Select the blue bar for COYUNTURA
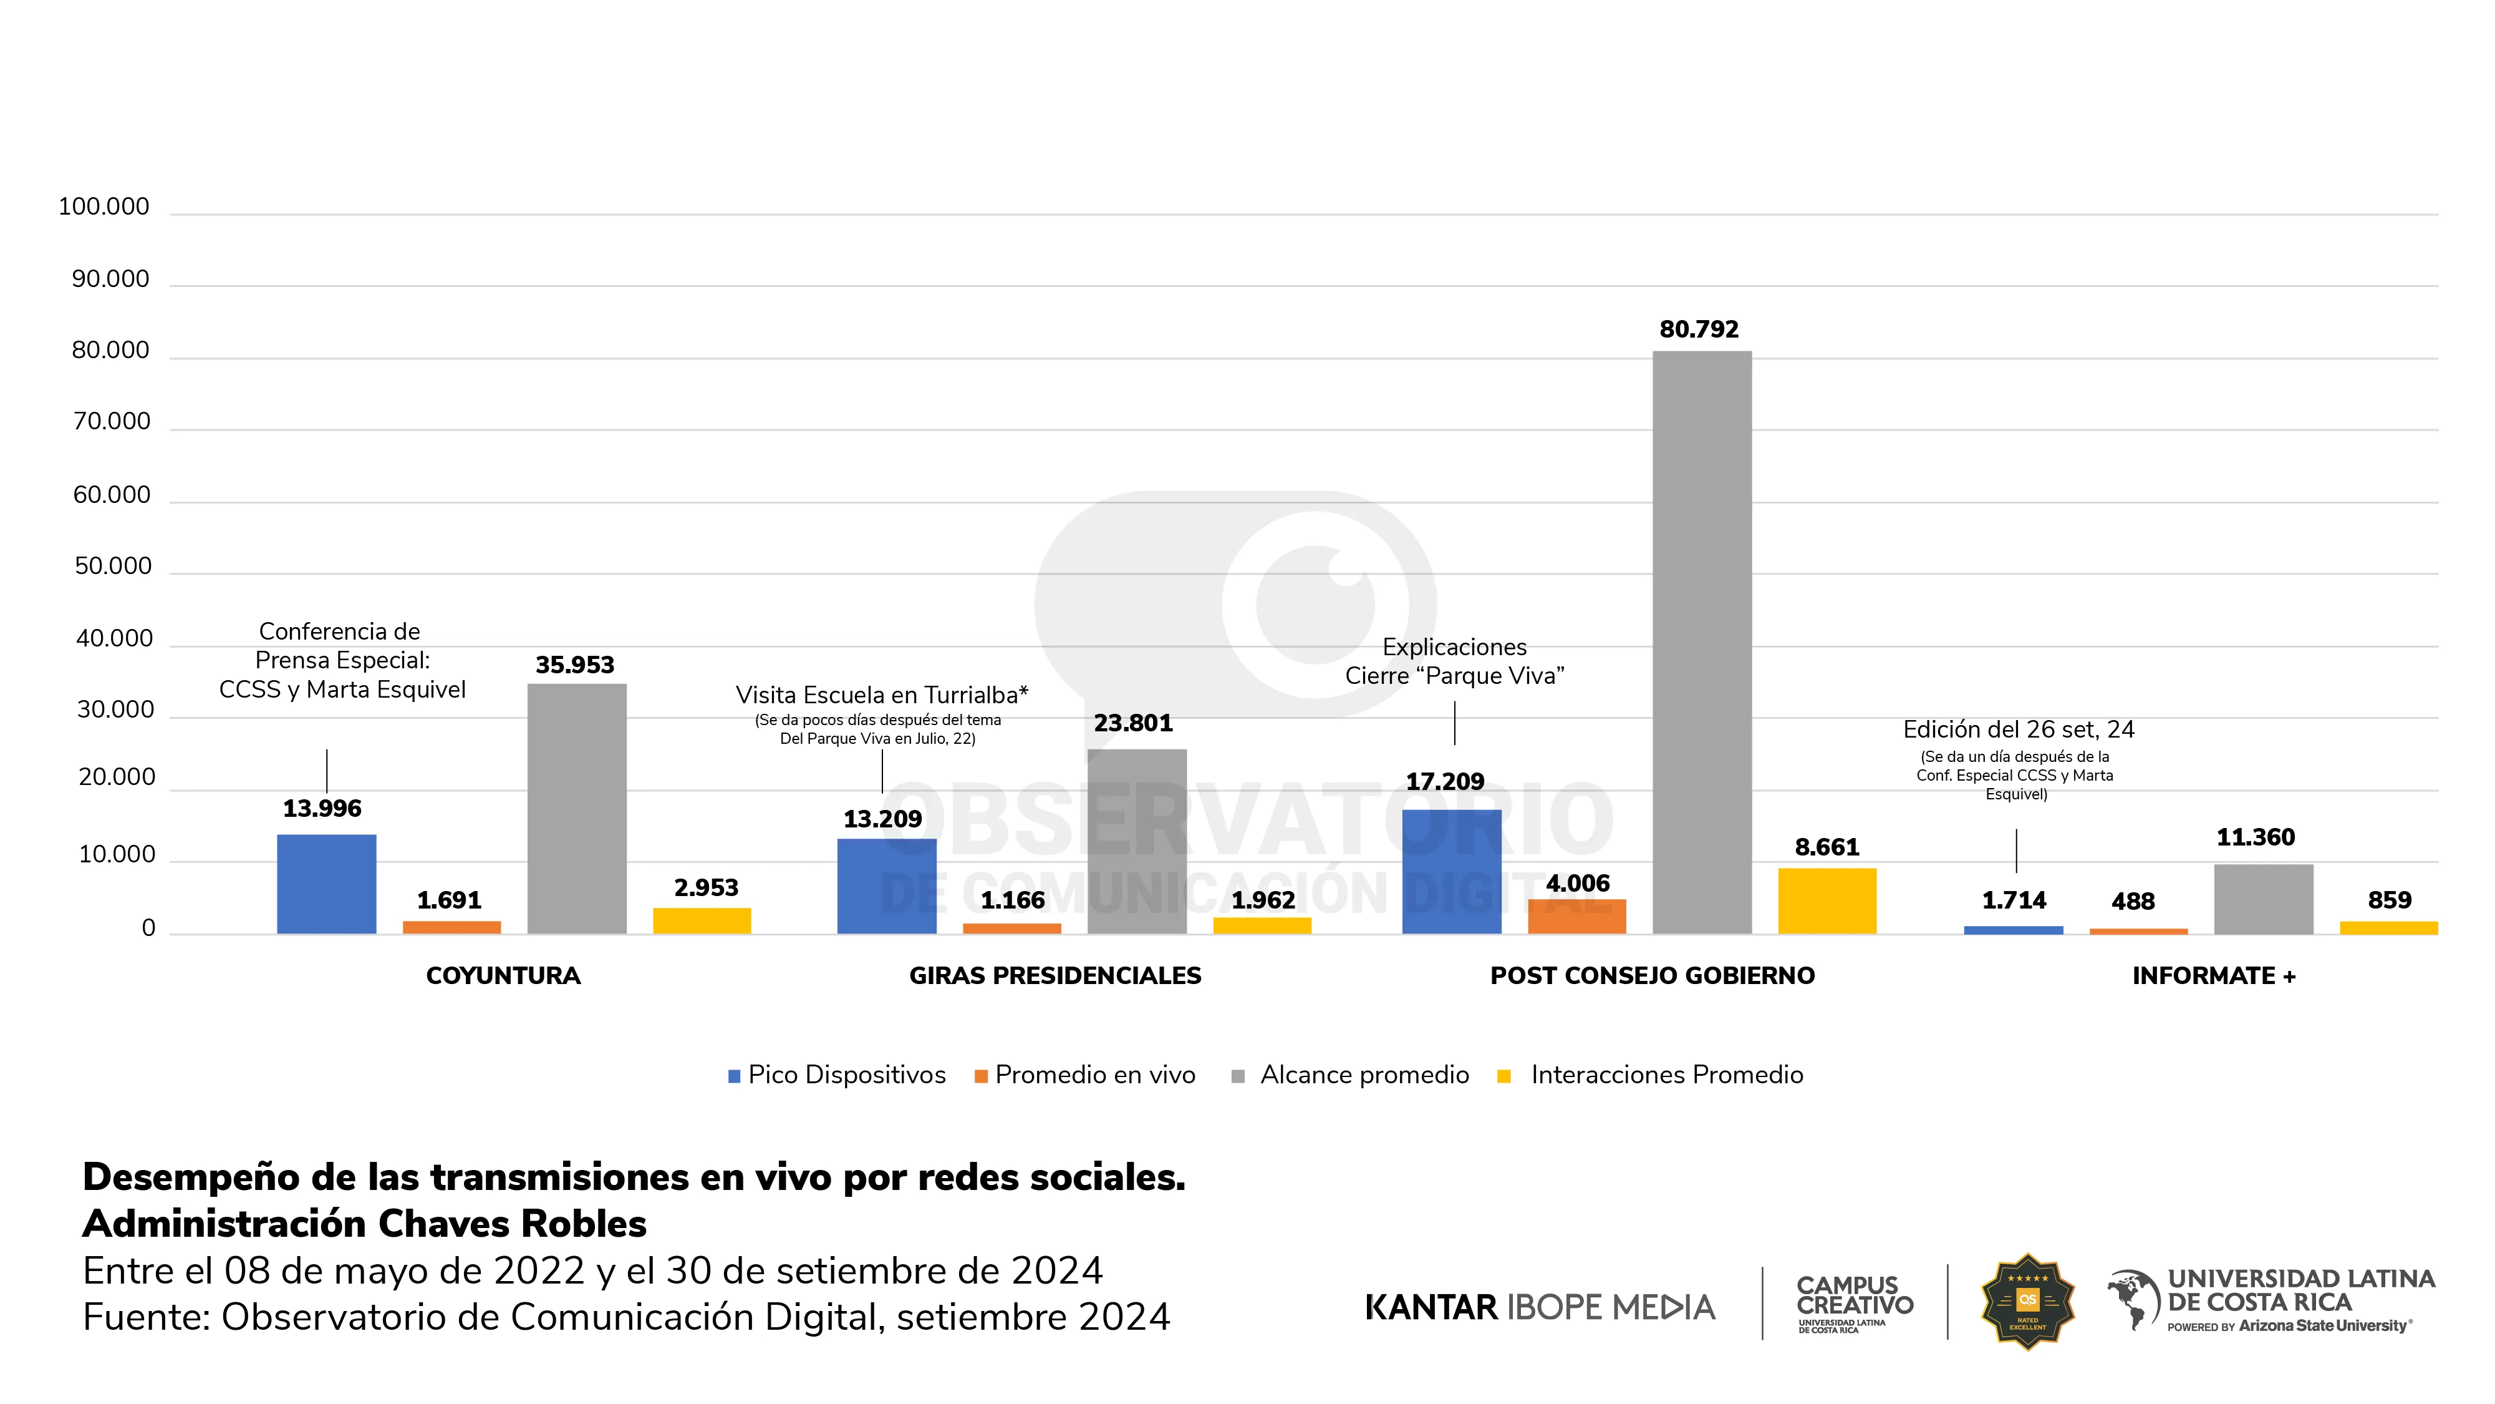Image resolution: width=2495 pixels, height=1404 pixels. [326, 884]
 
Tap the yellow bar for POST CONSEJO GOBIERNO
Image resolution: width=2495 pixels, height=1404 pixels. [1827, 900]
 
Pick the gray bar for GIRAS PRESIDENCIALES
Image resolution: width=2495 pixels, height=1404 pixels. [1136, 841]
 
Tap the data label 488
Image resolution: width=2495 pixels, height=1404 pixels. [2133, 901]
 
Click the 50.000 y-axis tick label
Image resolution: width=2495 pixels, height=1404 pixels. [113, 566]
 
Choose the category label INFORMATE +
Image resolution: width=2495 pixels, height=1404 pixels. [2213, 976]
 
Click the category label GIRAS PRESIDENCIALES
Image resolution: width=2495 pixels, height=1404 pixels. [1054, 976]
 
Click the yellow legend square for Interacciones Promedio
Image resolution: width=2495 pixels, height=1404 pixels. [1504, 1076]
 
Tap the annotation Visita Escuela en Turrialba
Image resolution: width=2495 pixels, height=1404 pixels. [881, 695]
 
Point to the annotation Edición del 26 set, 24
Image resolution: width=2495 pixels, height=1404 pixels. [2017, 729]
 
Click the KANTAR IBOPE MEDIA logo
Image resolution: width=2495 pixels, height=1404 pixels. [1539, 1307]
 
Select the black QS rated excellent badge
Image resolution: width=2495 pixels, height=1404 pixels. [2027, 1301]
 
